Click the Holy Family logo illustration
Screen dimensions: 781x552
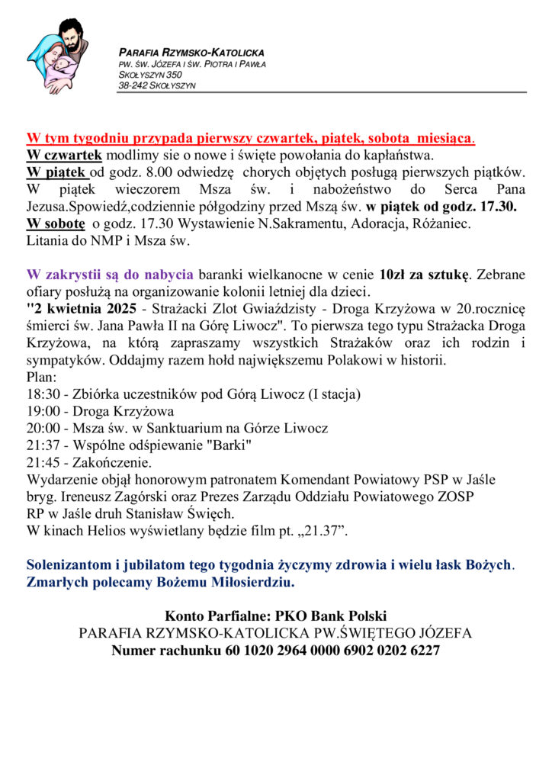click(x=56, y=56)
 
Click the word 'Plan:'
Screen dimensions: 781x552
click(x=41, y=377)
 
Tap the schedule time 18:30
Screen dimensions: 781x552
click(x=42, y=394)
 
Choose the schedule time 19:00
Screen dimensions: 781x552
click(x=42, y=411)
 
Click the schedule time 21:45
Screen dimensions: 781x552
click(x=42, y=462)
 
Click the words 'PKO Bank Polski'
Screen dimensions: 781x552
click(x=336, y=615)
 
